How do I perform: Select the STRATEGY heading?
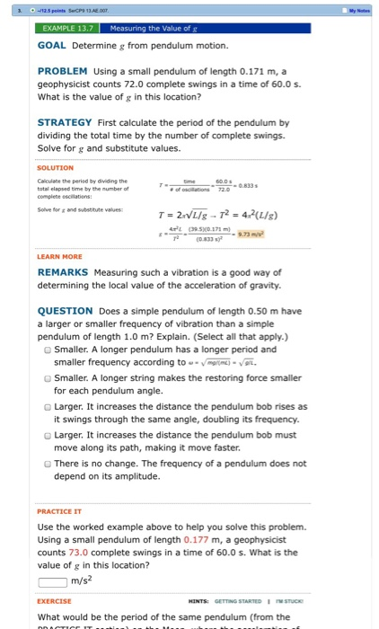click(x=65, y=122)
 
